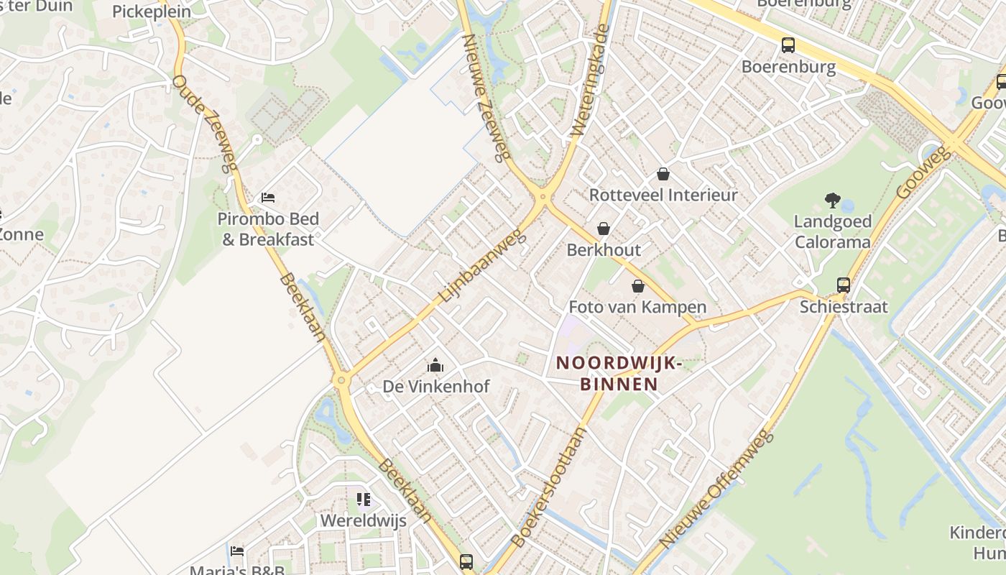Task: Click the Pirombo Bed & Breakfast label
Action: click(x=268, y=229)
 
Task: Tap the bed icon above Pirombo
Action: click(x=268, y=198)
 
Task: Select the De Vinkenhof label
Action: click(x=435, y=386)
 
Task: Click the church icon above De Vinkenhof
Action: click(x=435, y=366)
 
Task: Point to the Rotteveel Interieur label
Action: click(x=663, y=195)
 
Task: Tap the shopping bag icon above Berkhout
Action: click(x=604, y=229)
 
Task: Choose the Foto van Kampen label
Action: click(x=637, y=307)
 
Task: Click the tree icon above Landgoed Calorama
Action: click(x=833, y=201)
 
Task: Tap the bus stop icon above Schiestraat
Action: click(x=844, y=285)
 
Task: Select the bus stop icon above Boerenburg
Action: click(x=788, y=45)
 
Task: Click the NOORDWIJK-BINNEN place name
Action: click(x=619, y=374)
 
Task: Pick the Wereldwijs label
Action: click(x=363, y=520)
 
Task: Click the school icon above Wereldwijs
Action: click(x=364, y=499)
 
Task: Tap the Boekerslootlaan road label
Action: click(x=548, y=487)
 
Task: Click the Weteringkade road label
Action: click(x=590, y=80)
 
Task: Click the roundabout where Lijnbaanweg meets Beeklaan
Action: click(x=341, y=379)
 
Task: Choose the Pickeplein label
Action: click(x=152, y=11)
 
